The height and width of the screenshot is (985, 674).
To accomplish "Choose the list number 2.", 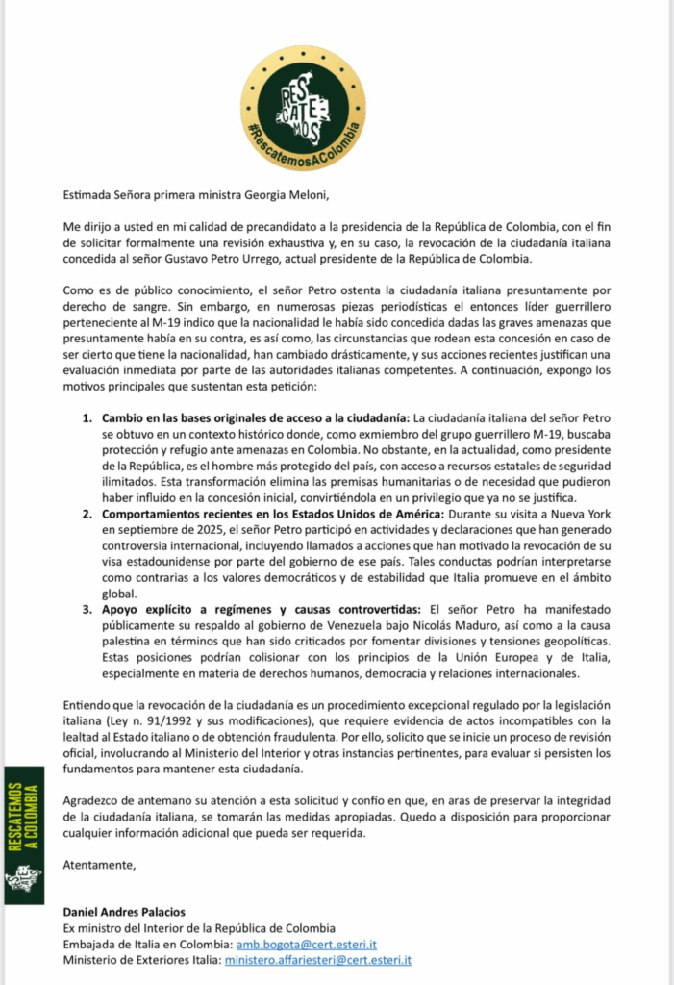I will click(87, 515).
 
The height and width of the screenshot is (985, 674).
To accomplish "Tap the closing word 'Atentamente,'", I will click(99, 864).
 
